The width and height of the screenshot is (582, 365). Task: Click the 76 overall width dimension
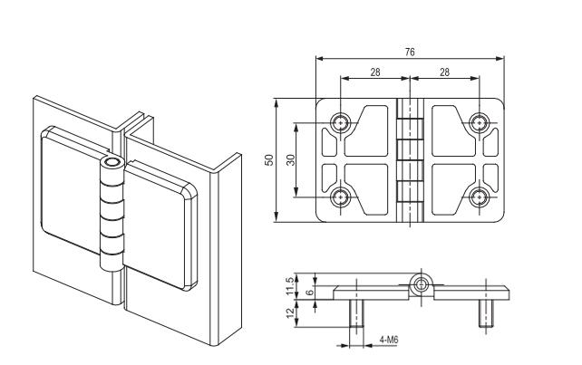click(410, 53)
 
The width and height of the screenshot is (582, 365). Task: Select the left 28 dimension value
click(374, 72)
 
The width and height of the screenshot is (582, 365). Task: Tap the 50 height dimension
click(269, 159)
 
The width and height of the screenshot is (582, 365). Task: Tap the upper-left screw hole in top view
click(341, 121)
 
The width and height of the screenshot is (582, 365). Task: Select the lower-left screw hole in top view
click(341, 197)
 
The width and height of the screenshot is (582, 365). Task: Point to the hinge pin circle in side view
click(421, 285)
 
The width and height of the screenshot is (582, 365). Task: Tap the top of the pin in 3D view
click(112, 164)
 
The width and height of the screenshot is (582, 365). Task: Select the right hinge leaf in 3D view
click(159, 226)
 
